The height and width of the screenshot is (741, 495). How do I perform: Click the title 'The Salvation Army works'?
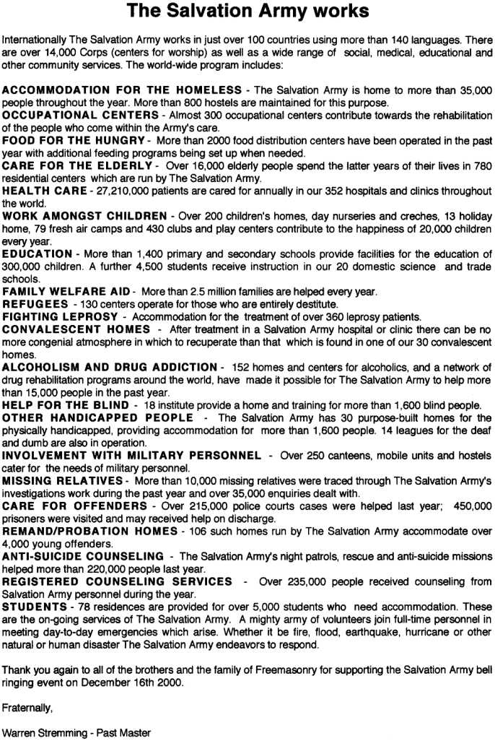(x=247, y=11)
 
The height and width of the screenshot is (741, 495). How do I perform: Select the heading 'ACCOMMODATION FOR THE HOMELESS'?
(x=123, y=90)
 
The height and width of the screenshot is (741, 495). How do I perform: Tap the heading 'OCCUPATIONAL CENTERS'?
(x=80, y=115)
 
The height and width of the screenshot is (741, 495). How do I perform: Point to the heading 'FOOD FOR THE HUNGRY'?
(x=74, y=140)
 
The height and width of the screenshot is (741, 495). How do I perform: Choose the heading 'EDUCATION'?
(x=37, y=254)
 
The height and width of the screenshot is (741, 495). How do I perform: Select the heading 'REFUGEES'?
(x=35, y=305)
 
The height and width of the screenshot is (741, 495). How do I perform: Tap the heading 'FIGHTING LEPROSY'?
(x=60, y=317)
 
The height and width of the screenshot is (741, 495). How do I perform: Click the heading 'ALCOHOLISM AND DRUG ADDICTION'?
(x=110, y=368)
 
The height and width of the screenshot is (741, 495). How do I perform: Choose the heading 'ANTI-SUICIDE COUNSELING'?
(x=84, y=557)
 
